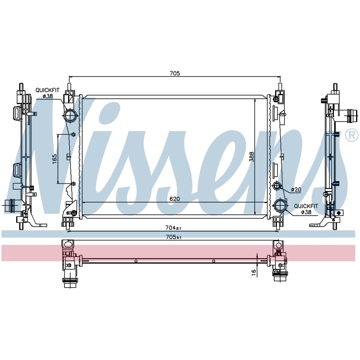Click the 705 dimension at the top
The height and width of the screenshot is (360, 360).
(x=175, y=73)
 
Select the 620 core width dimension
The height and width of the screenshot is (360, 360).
(x=175, y=199)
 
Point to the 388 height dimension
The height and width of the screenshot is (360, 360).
(x=252, y=156)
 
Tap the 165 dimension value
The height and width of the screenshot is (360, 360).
(x=55, y=159)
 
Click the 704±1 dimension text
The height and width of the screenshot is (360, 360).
(x=174, y=228)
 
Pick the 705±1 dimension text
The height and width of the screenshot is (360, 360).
(x=174, y=237)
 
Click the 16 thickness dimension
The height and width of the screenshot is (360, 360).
(x=254, y=273)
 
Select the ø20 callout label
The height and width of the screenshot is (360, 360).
(x=296, y=190)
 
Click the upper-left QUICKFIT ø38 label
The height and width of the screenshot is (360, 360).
(x=47, y=93)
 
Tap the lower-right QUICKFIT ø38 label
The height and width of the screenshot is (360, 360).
(x=306, y=209)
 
